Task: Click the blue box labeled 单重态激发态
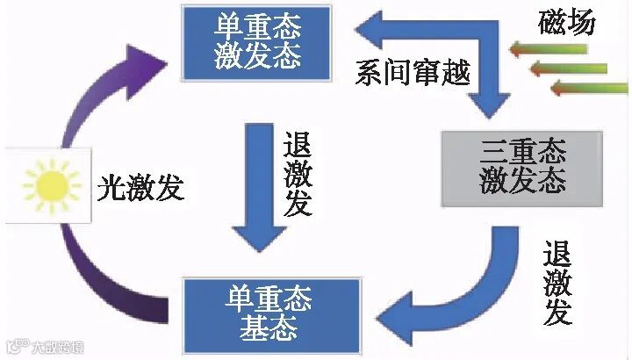(257, 40)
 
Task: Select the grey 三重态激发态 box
(522, 166)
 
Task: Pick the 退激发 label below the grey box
(557, 283)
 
